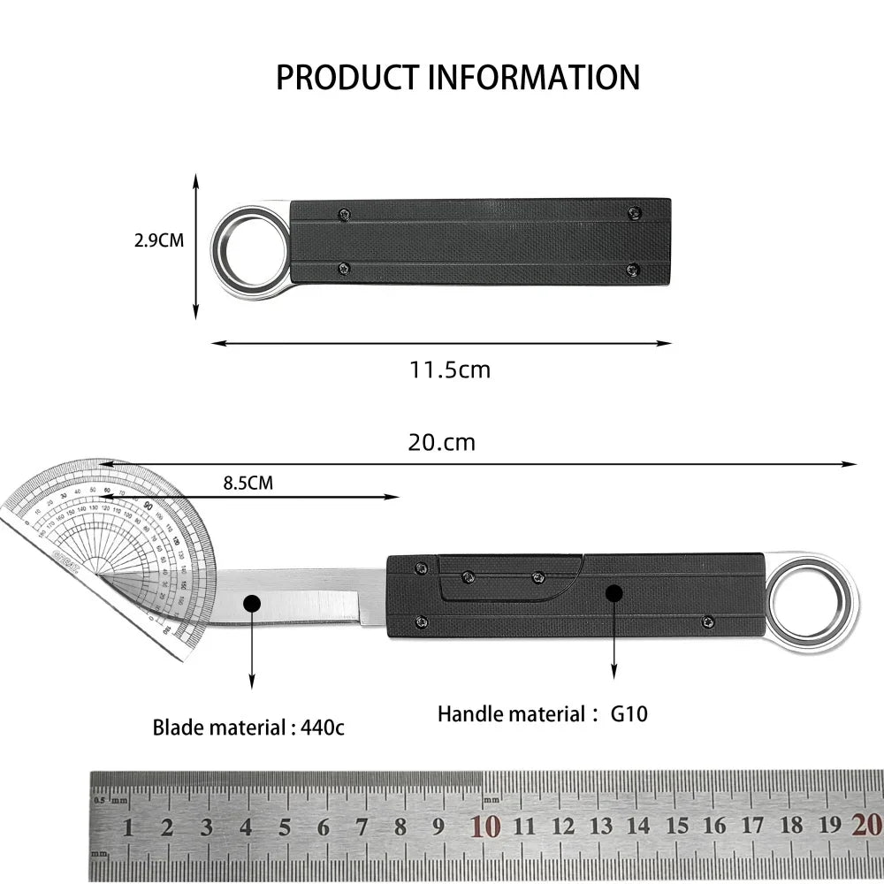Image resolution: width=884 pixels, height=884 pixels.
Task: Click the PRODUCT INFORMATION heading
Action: [457, 78]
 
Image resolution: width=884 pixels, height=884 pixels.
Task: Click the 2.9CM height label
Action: [159, 240]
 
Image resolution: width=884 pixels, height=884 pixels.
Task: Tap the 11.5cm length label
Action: [449, 370]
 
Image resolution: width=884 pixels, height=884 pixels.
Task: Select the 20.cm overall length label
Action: [441, 442]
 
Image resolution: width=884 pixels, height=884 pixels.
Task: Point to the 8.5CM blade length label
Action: [248, 484]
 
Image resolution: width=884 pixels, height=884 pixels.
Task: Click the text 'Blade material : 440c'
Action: [248, 728]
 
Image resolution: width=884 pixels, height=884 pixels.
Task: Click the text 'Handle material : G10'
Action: [542, 713]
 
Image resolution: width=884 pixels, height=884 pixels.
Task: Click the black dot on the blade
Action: [252, 604]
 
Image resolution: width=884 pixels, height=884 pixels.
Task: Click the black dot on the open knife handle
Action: [612, 592]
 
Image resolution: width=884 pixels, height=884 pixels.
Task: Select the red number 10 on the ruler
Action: [485, 827]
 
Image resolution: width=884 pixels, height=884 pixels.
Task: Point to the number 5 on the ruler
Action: [285, 827]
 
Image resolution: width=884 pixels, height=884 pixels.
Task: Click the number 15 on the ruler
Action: [677, 827]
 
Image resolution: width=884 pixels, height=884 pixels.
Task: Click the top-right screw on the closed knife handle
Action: [634, 212]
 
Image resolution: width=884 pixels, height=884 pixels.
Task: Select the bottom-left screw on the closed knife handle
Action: [345, 269]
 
